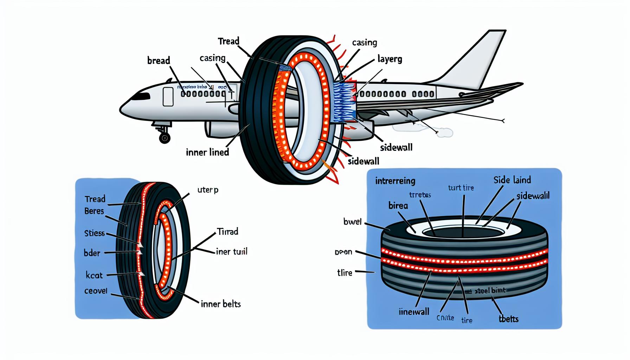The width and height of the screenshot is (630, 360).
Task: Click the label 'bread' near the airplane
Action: click(159, 60)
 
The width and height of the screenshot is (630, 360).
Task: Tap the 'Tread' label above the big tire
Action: click(229, 41)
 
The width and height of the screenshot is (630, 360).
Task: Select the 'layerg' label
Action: click(390, 59)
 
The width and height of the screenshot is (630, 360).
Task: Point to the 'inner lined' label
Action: click(207, 152)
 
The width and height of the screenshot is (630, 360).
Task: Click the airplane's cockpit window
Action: click(141, 96)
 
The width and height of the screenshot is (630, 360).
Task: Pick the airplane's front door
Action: click(168, 97)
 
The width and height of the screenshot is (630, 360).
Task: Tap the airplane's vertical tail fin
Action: click(482, 60)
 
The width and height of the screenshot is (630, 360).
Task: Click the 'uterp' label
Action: click(208, 190)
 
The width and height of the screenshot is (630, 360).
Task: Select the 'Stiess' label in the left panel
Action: click(95, 233)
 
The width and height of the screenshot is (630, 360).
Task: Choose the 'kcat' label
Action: click(94, 275)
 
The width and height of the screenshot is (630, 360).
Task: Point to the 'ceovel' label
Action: click(96, 291)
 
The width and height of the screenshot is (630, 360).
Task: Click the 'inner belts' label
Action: click(221, 304)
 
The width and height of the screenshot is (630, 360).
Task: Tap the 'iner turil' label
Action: click(232, 252)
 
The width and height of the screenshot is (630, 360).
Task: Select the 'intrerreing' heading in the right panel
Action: click(395, 181)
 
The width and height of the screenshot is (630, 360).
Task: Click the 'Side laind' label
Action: click(512, 180)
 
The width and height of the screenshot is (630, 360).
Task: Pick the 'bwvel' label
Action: click(352, 222)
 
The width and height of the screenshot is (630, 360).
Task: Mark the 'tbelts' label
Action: click(508, 319)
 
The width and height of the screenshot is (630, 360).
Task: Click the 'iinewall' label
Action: click(414, 311)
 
